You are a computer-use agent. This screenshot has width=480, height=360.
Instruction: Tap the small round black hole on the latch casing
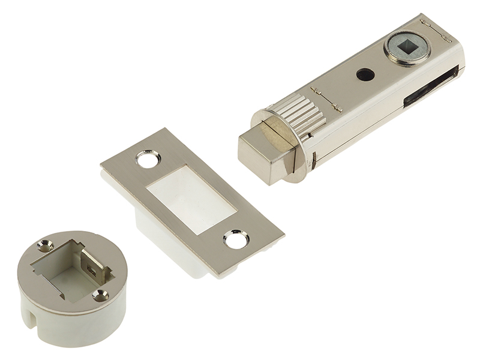click(x=364, y=74)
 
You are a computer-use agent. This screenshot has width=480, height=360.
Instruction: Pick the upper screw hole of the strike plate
click(x=148, y=160)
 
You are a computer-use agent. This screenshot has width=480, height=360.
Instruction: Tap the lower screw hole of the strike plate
click(x=236, y=239)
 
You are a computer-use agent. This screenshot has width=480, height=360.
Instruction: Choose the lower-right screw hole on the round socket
click(x=100, y=295)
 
